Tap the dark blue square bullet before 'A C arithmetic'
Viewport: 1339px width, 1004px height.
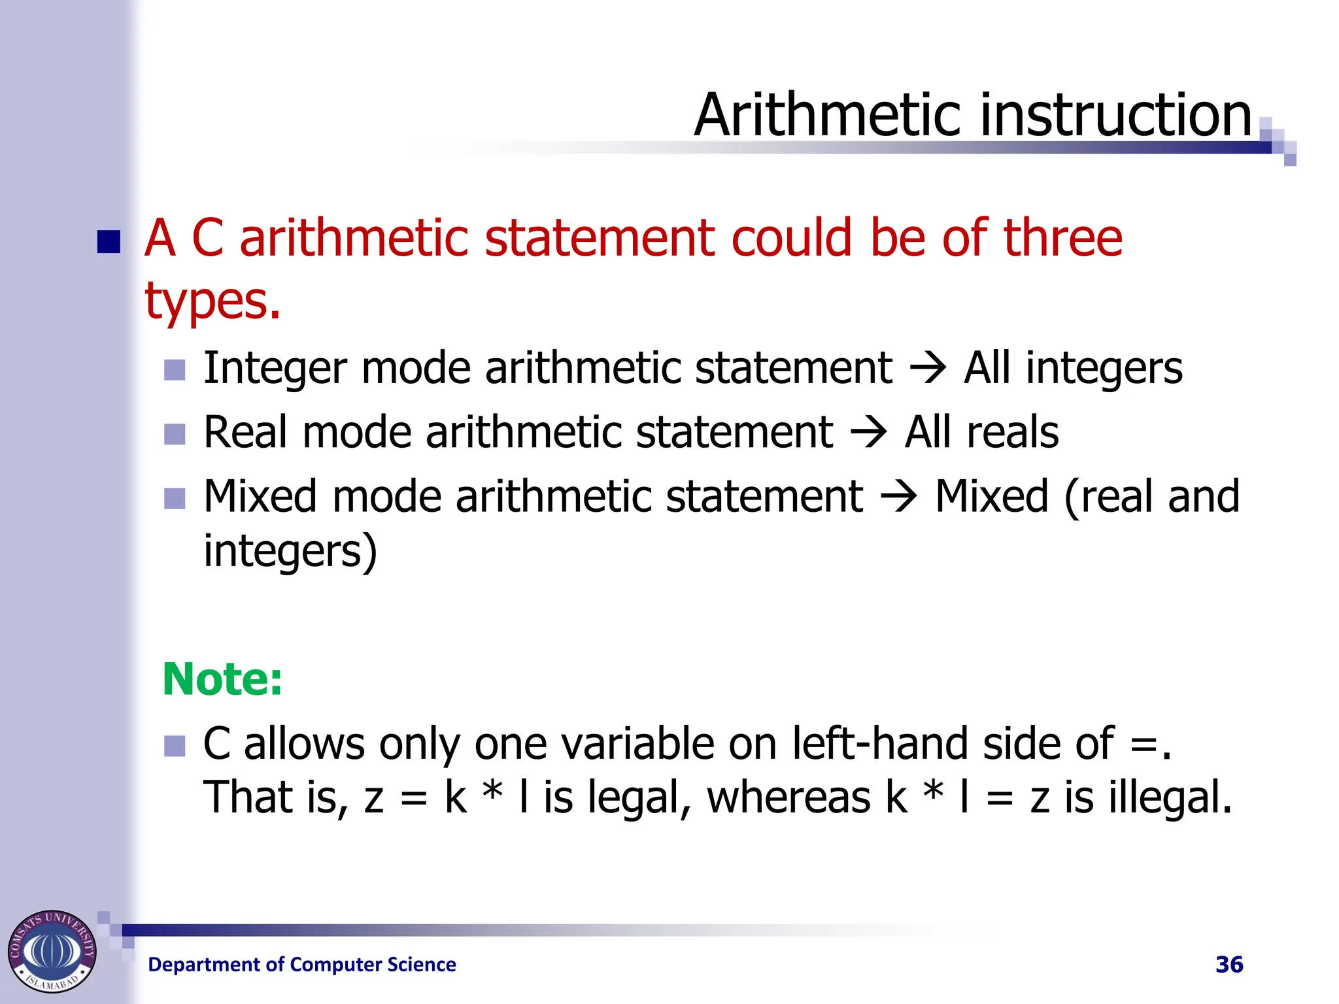point(109,241)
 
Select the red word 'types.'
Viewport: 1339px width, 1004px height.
point(212,301)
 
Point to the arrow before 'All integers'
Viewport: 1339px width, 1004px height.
point(928,368)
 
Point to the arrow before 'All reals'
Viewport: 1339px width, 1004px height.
point(869,433)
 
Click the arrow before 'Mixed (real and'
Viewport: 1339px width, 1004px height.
point(899,497)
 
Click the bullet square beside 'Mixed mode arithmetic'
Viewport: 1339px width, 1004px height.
point(175,499)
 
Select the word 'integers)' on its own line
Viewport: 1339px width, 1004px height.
point(290,551)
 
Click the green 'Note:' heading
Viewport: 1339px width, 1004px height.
point(222,679)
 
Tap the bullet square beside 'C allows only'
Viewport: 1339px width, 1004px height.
point(175,746)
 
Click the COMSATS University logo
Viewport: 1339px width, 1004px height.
point(52,951)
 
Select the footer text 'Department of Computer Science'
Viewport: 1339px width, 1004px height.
point(302,965)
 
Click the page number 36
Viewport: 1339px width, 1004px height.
point(1229,965)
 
